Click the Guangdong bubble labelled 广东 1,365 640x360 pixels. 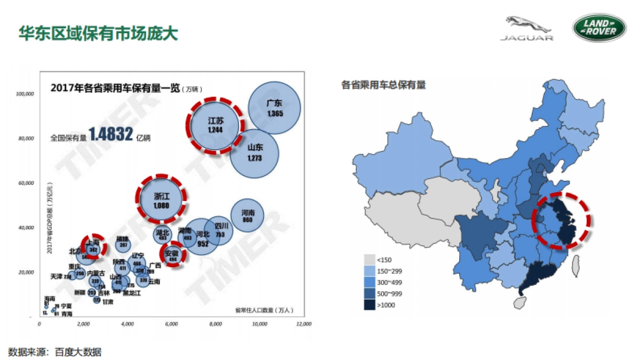(274, 108)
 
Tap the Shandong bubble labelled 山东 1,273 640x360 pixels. (255, 153)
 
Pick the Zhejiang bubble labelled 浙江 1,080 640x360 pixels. (161, 198)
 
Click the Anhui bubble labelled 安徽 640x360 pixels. (172, 255)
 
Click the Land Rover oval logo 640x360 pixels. (599, 28)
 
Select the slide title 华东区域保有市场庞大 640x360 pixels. (98, 33)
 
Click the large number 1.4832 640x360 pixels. (110, 134)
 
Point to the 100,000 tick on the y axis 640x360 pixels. (25, 94)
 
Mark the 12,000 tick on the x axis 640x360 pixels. (303, 324)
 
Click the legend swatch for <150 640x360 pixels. (369, 260)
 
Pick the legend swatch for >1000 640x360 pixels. (369, 305)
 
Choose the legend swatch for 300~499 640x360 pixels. (369, 282)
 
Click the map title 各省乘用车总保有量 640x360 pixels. (383, 85)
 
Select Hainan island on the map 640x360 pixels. (519, 302)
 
